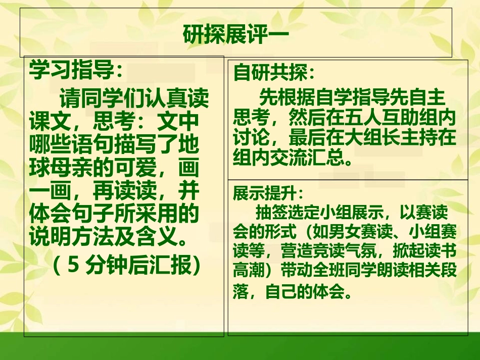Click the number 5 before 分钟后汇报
(x=73, y=265)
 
